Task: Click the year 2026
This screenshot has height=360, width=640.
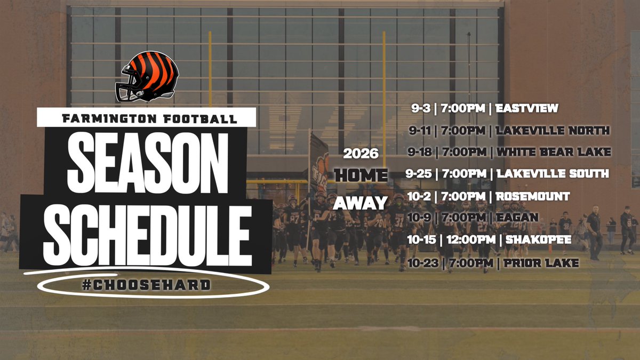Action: pos(361,154)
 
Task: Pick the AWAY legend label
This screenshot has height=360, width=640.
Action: pos(361,203)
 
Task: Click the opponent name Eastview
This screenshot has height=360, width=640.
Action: pos(526,109)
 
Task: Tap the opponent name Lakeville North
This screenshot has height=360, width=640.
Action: pos(553,131)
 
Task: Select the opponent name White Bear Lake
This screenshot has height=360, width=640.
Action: pos(554,152)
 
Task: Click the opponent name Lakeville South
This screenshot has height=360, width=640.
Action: pos(553,174)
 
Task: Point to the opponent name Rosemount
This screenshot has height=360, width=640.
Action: pos(532,196)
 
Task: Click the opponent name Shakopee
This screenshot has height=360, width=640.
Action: pos(536,240)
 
